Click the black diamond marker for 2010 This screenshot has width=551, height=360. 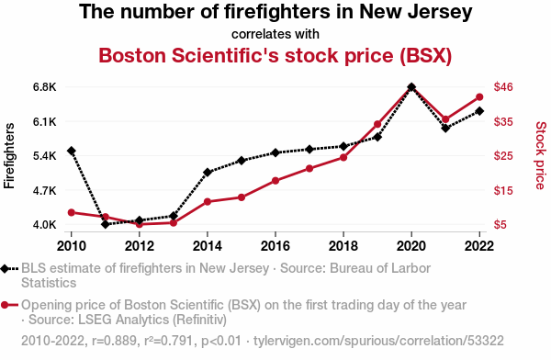tap(72, 151)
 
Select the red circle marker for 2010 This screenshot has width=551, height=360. tap(72, 212)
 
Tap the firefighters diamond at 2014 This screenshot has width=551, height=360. tap(208, 173)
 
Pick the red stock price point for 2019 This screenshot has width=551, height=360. tap(377, 124)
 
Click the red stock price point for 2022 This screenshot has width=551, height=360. tap(479, 97)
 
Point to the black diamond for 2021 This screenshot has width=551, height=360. tap(445, 129)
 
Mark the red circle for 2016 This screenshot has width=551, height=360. tap(275, 181)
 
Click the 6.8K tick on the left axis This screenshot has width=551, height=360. tap(45, 87)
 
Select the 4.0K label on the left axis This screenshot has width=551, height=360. tap(45, 224)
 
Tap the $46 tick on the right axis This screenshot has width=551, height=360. tap(503, 87)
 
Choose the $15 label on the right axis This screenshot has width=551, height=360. tap(503, 190)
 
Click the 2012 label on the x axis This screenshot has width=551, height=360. tap(140, 246)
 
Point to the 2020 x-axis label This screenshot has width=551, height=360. tap(411, 246)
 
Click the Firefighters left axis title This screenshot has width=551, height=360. tap(9, 156)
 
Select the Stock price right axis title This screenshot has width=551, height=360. tap(541, 155)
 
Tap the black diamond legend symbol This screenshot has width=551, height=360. tap(5, 269)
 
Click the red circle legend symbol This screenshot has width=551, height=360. tap(5, 305)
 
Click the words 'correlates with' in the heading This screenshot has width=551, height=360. tap(275, 34)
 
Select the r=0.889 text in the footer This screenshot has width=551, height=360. tap(114, 341)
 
